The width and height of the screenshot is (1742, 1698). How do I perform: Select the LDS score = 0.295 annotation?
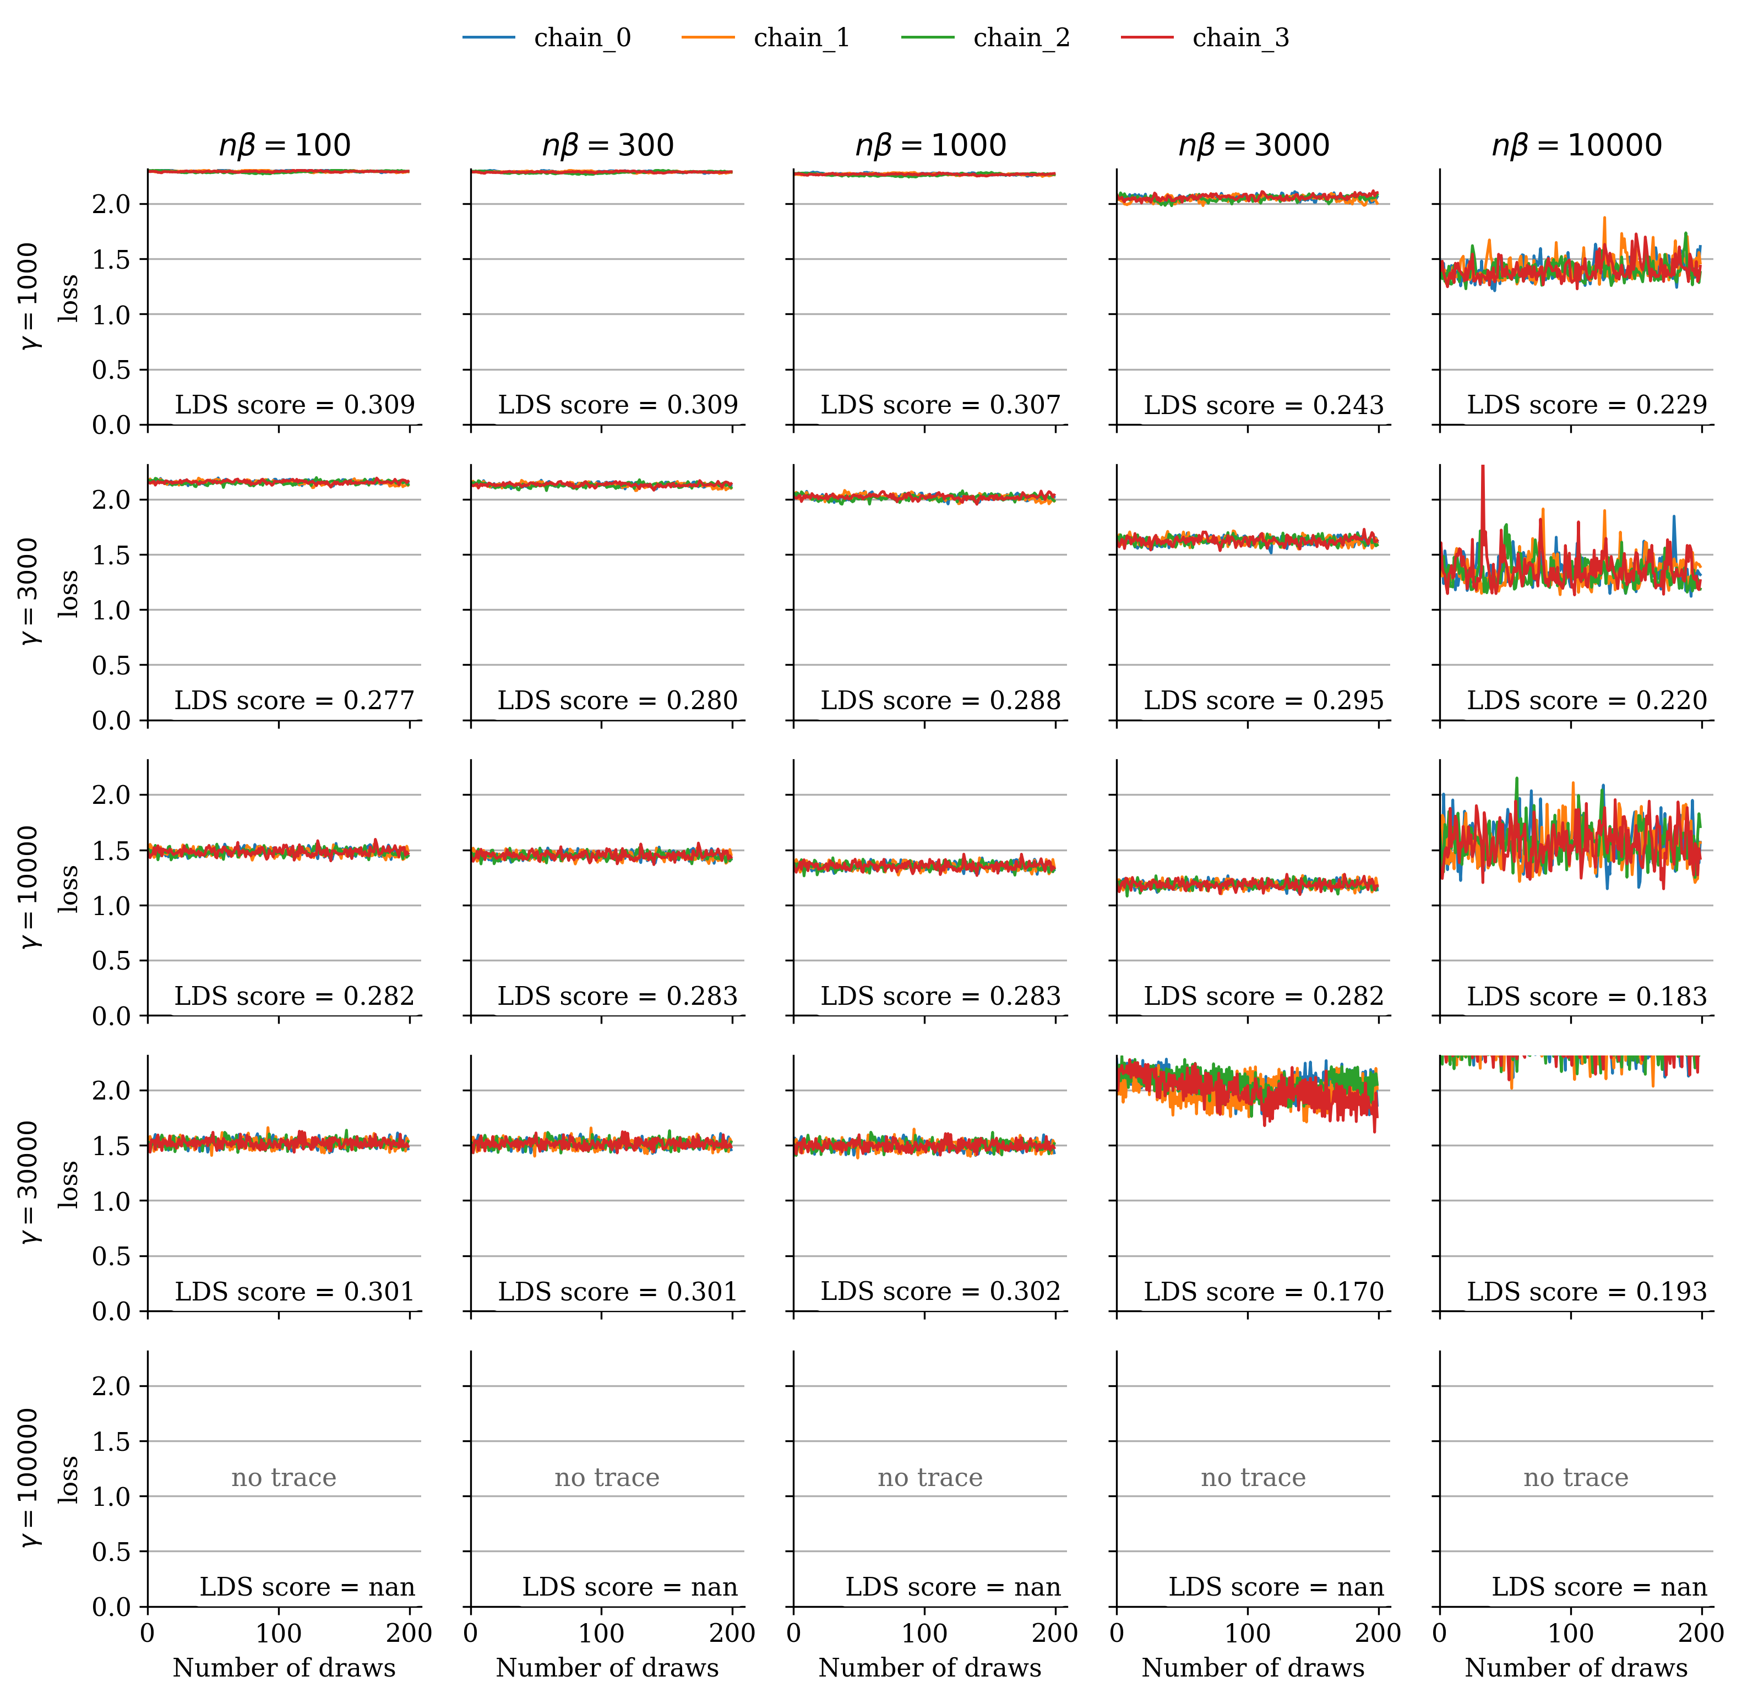[1263, 701]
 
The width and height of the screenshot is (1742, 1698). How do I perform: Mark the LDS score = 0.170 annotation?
[1263, 1291]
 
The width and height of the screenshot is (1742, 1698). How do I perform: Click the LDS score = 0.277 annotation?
[295, 701]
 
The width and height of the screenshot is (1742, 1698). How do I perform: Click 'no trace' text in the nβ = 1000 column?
[929, 1478]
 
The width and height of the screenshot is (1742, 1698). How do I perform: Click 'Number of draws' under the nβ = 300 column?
[607, 1668]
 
